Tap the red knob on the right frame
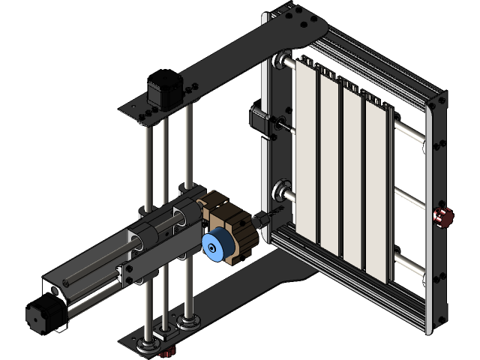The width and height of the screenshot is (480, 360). coord(442,217)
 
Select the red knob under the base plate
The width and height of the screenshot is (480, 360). coord(168,351)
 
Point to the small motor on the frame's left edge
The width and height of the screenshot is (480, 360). coord(258,120)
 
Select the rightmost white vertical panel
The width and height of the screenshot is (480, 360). coord(376,187)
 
